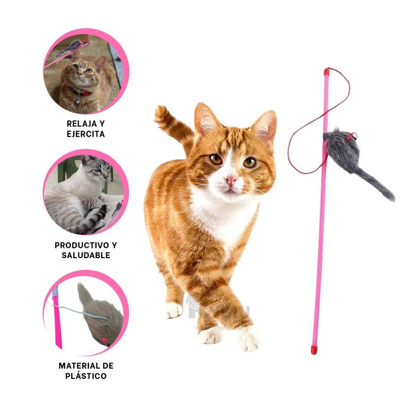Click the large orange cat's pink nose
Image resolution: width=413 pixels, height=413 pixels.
[x=231, y=179]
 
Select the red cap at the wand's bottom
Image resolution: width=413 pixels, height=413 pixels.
[x=313, y=350]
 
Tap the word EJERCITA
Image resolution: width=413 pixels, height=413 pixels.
[x=86, y=134]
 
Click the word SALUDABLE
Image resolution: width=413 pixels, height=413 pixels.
[x=86, y=255]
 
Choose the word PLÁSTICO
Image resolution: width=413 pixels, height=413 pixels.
[x=86, y=376]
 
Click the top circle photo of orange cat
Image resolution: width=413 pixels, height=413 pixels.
[x=85, y=71]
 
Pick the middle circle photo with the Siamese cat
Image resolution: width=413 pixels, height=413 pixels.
[x=85, y=193]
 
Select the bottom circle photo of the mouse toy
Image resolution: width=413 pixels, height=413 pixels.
[x=85, y=314]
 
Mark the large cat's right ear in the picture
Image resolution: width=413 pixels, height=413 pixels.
[x=265, y=126]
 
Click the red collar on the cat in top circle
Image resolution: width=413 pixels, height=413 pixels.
[x=83, y=93]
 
